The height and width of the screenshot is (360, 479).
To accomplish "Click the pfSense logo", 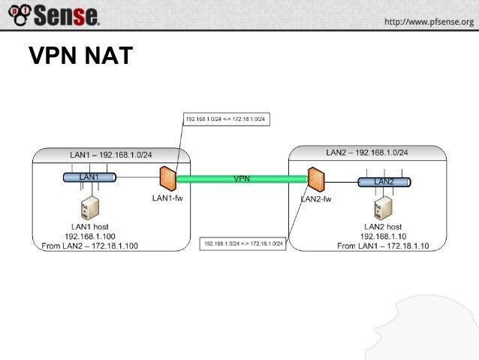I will (53, 15).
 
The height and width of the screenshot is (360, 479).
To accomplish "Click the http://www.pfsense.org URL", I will (429, 22).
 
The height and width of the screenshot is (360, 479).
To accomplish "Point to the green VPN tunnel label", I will (242, 179).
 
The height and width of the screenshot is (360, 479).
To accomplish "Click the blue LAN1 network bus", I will (89, 177).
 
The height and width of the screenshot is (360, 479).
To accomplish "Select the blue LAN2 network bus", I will (385, 181).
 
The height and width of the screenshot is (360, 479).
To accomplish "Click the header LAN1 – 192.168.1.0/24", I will (110, 155).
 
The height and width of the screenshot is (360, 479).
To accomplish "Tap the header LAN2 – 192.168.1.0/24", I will (367, 153).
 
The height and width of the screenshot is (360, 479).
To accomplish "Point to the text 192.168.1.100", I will (91, 235).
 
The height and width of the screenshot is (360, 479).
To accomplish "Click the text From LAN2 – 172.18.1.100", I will (91, 245).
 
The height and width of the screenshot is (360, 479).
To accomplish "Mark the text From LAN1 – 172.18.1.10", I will (383, 246).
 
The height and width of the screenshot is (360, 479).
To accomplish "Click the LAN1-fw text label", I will (167, 198).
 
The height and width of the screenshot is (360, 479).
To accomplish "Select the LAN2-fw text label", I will (316, 199).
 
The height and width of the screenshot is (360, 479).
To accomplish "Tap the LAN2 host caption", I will (383, 226).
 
